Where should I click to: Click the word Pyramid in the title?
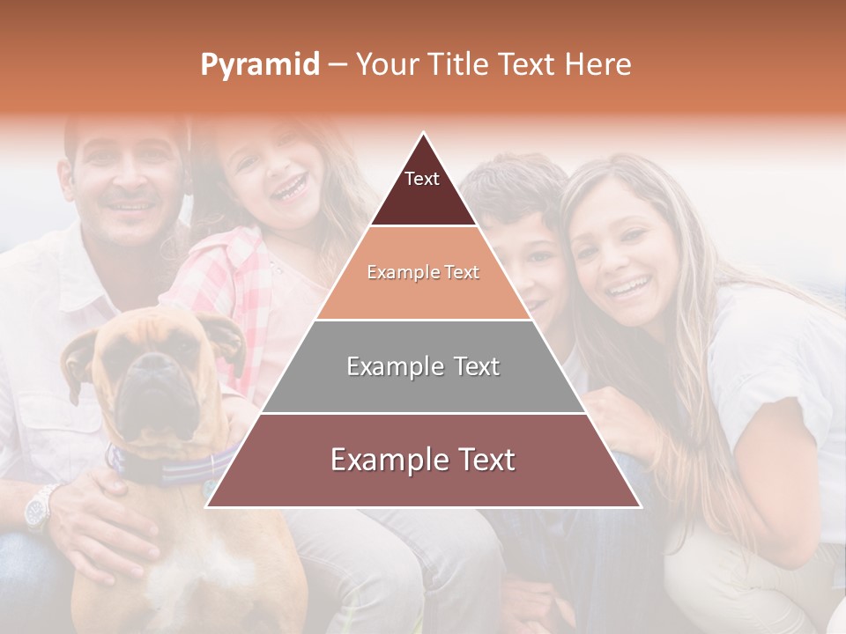pyautogui.click(x=259, y=65)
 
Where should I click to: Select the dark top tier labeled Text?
pyautogui.click(x=422, y=189)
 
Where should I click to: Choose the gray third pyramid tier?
pyautogui.click(x=423, y=366)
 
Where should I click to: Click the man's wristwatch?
pyautogui.click(x=41, y=508)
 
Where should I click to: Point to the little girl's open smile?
pyautogui.click(x=288, y=187)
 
